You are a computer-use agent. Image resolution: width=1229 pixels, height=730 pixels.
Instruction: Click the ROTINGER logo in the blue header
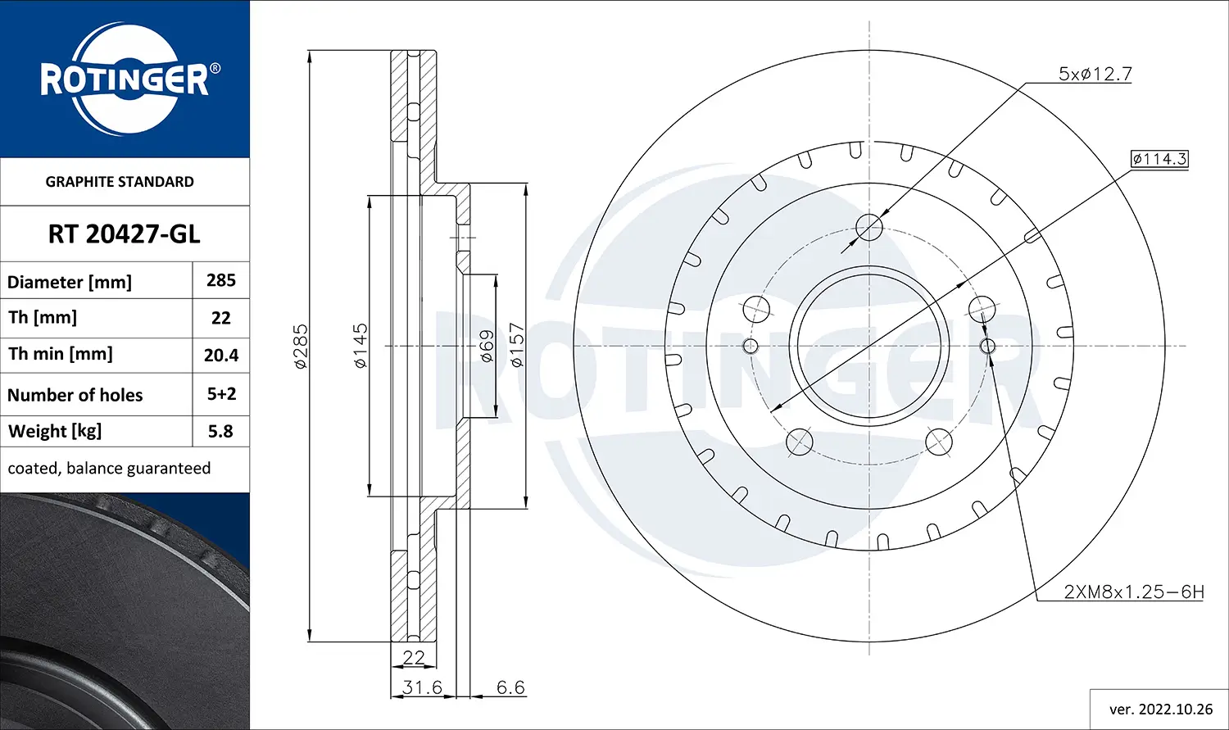coord(125,79)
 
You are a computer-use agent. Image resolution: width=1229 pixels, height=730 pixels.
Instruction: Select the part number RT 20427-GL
coord(124,234)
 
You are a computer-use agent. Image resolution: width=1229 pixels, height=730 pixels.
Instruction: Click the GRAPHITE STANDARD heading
coord(120,182)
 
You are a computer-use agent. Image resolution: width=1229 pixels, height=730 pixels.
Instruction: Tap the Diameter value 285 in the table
coord(221,280)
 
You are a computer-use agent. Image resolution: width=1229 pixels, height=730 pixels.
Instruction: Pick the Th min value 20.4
coord(221,355)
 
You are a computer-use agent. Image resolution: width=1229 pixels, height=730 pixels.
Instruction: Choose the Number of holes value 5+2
coord(221,394)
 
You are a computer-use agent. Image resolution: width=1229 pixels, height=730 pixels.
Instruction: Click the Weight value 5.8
coord(220,431)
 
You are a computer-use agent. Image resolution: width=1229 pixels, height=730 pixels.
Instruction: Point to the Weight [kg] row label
coord(55,431)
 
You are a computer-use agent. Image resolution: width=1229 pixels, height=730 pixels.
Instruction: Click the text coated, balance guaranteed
coord(109,469)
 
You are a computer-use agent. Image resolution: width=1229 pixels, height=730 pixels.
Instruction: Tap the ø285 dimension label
coord(301,346)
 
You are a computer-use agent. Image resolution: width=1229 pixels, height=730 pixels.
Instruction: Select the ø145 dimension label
coord(361,346)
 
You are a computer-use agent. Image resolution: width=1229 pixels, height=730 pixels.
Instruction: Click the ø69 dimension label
coord(486,346)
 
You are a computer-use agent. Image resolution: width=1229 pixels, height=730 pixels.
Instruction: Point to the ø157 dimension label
coord(516,346)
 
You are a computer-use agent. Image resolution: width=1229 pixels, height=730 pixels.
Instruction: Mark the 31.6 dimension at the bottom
coord(422,687)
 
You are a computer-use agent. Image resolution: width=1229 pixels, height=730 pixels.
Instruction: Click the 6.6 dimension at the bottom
coord(510,687)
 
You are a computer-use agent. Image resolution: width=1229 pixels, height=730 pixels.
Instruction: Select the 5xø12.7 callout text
coord(1095,74)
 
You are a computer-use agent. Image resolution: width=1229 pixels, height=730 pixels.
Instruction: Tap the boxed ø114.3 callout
coord(1159,159)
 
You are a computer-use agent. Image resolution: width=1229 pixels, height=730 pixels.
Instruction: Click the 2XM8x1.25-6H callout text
coord(1133,592)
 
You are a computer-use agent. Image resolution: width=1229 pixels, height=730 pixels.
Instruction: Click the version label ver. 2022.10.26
coord(1160,709)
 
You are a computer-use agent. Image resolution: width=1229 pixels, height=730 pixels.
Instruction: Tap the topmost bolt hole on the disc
coord(868,227)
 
